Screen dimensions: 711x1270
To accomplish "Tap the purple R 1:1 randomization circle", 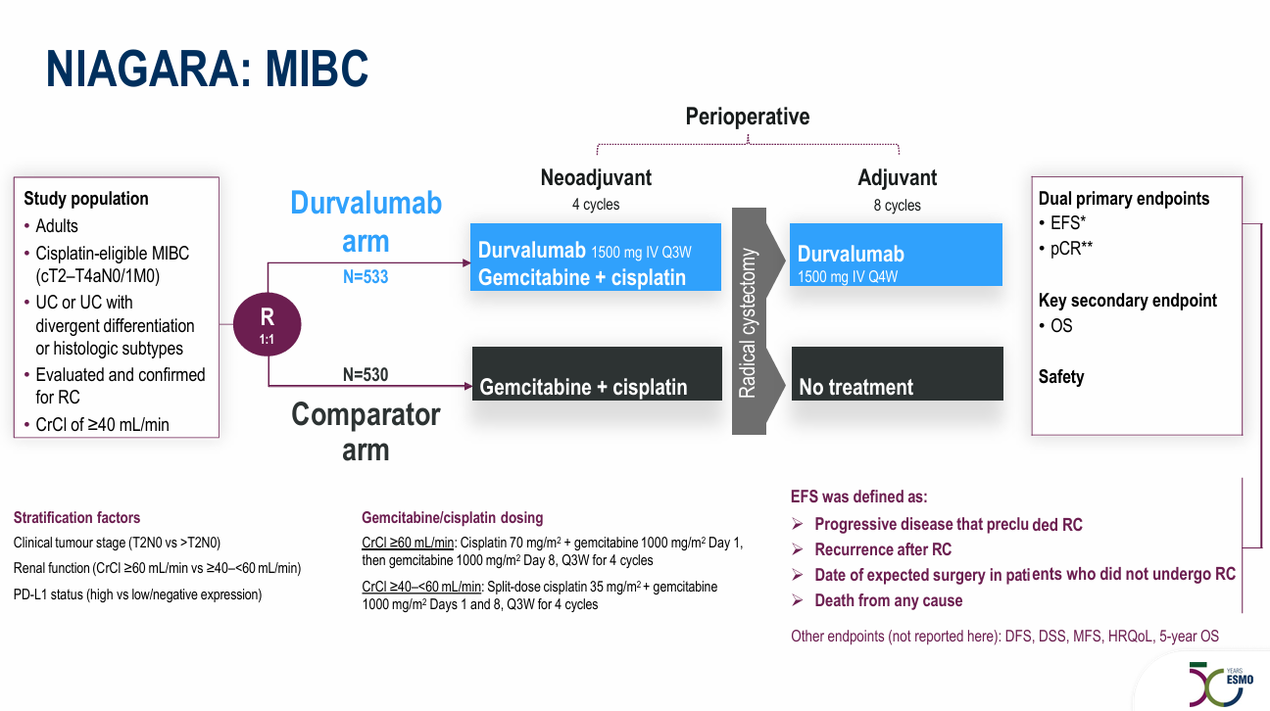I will click(x=267, y=326).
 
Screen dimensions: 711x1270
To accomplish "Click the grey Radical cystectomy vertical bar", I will click(x=749, y=321).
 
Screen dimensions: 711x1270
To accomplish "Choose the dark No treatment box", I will click(x=897, y=374).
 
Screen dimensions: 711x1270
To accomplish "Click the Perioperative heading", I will click(x=747, y=117).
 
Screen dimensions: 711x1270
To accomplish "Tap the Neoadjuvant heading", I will click(x=596, y=177).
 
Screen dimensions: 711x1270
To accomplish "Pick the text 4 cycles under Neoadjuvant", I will click(x=595, y=205).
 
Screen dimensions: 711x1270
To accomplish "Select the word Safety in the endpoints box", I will click(x=1061, y=376).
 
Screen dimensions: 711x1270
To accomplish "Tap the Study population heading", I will click(x=86, y=198).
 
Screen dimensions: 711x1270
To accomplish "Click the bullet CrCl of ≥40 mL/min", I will click(x=102, y=424).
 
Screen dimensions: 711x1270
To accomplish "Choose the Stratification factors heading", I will click(x=76, y=517).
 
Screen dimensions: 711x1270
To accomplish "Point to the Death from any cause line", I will click(x=888, y=600).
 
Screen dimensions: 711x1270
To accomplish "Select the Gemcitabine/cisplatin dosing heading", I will click(x=452, y=517).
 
